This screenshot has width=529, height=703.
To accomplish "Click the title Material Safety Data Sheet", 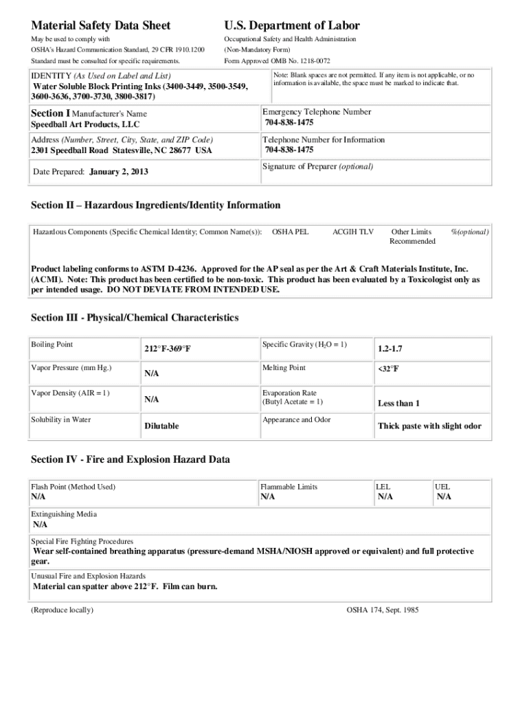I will pos(101,25).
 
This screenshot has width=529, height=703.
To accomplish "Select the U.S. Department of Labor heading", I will pos(292,25).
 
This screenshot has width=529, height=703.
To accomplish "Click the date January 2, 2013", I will pos(118,172).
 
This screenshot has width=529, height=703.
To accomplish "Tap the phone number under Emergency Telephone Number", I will pos(289,124).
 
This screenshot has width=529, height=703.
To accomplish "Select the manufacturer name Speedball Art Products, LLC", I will pos(85,124).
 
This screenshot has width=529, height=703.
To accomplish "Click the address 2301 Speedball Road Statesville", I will pos(122,150).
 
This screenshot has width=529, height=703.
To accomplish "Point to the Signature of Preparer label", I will pos(318,166).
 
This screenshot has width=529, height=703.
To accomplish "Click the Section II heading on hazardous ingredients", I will pos(155,205).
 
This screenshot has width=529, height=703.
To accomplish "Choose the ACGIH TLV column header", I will pos(352,232).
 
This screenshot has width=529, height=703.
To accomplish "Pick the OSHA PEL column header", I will pos(290,232).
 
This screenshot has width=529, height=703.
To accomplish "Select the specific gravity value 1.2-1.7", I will pos(390,349).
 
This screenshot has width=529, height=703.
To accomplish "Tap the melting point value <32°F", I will pos(388,369).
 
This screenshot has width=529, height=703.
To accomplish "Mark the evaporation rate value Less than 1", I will pos(398,403).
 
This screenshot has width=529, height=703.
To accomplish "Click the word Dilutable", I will pos(161,426).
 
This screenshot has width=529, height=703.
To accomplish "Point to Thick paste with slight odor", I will pos(429,426).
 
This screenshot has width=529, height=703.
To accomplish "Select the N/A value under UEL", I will pos(444,496).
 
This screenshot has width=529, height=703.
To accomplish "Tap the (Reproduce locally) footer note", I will pos(63,610).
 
